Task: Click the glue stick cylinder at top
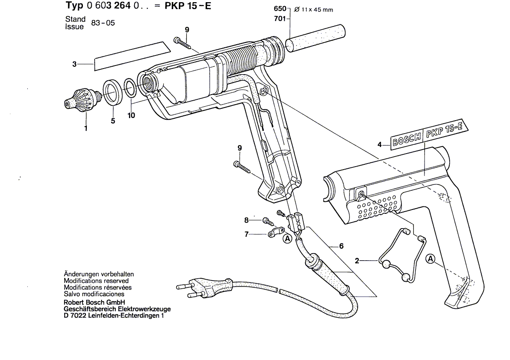[315, 38]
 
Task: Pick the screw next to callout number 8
[269, 222]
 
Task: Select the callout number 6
[341, 246]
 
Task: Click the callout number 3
[75, 64]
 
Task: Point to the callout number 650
[280, 9]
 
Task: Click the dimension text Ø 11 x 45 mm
[313, 10]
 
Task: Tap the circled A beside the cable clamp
[287, 239]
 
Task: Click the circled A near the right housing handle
[430, 259]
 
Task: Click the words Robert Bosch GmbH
[94, 302]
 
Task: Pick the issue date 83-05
[103, 23]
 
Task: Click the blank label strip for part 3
[132, 56]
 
